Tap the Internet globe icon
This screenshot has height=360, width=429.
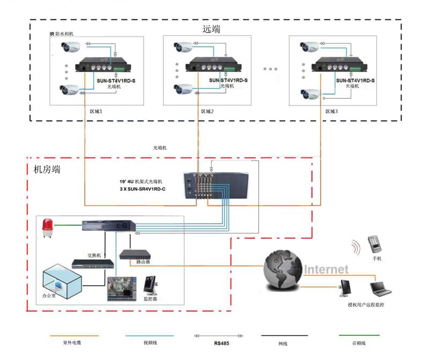(x=282, y=270)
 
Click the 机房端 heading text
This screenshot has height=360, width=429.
(x=47, y=170)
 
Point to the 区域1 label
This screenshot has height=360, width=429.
(x=95, y=112)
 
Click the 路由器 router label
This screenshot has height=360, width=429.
(x=144, y=262)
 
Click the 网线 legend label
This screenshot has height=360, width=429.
(x=283, y=343)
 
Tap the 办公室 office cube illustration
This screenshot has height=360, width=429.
(x=62, y=280)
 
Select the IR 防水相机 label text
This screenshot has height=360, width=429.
(x=61, y=34)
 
